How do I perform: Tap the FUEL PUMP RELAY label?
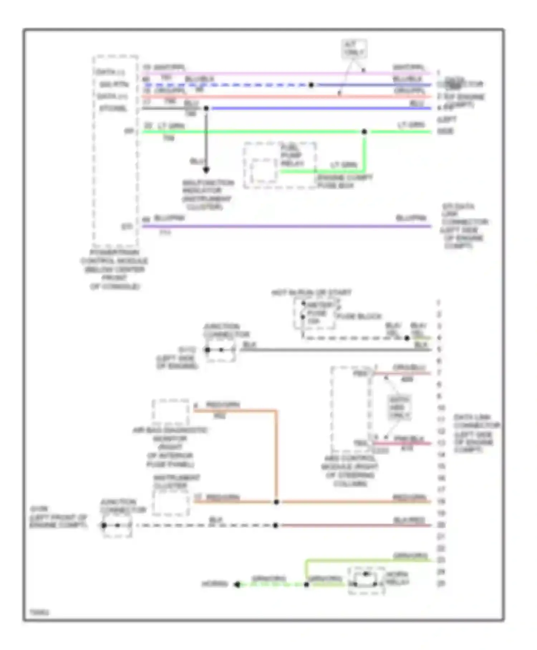point(292,156)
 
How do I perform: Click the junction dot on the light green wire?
point(364,132)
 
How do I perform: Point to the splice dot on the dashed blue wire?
point(311,85)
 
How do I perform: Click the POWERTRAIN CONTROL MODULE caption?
point(114,269)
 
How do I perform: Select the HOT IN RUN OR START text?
point(311,293)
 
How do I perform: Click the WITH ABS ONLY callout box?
point(399,407)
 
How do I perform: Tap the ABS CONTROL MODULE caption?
point(350,471)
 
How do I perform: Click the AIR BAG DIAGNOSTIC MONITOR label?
point(170,447)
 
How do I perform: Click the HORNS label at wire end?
point(215,584)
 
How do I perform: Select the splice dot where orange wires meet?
point(276,502)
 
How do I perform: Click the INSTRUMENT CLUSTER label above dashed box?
point(176,482)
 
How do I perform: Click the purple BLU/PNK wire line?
point(286,226)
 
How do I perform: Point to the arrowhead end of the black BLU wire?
point(206,170)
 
